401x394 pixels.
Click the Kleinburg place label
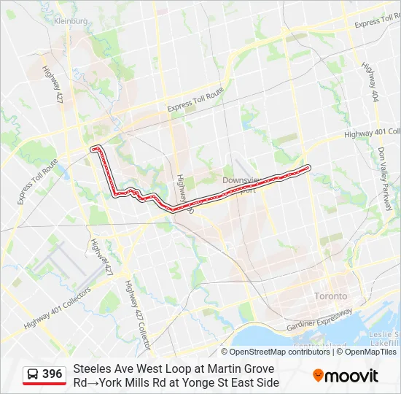pos(70,21)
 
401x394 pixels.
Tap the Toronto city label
pos(330,296)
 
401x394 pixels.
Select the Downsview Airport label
pos(241,183)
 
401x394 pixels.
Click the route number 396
pos(52,374)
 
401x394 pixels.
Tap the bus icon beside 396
pos(33,374)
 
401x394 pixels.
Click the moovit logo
pos(346,376)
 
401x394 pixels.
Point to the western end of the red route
pos(93,149)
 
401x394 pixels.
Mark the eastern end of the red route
pos(308,167)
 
